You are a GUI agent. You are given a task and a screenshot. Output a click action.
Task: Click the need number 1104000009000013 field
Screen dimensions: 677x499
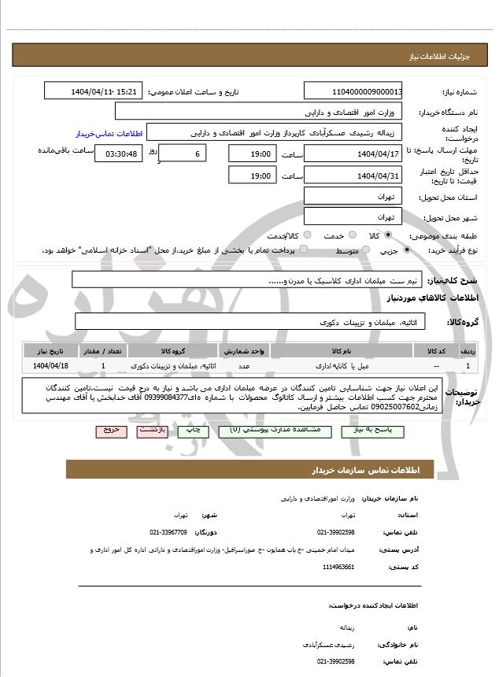click(x=353, y=92)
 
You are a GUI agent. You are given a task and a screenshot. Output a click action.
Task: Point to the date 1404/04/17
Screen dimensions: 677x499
click(x=353, y=154)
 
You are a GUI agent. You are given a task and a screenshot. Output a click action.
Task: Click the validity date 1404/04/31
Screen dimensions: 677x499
click(x=353, y=176)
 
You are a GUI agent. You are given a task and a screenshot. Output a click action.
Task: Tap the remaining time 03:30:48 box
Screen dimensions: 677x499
click(x=118, y=154)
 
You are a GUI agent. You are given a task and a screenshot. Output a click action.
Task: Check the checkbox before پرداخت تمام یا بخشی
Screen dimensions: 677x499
click(x=305, y=250)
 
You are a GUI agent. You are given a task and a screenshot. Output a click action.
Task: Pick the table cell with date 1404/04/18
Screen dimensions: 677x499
click(x=52, y=366)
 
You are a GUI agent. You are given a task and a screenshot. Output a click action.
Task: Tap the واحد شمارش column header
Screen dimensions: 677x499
click(x=245, y=350)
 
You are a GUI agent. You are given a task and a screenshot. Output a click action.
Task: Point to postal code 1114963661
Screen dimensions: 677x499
click(x=338, y=567)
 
